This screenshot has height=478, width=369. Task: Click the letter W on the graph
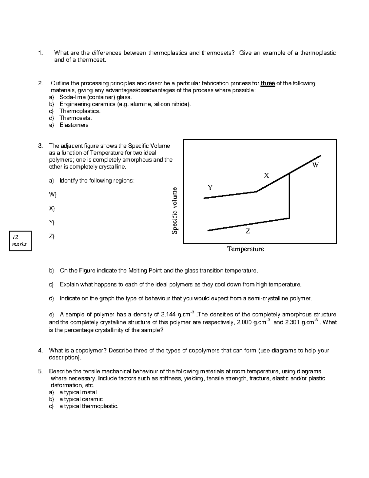(315, 165)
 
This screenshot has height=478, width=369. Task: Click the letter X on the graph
(266, 175)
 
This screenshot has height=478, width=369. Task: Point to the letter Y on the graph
(210, 188)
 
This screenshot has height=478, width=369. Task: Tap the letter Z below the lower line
(248, 231)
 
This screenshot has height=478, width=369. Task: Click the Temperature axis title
(245, 249)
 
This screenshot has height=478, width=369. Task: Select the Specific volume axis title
(175, 211)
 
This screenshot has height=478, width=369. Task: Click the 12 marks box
(20, 241)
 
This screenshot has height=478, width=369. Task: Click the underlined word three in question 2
(268, 83)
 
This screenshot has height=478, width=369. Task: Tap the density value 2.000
(247, 322)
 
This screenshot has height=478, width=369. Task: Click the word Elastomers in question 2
(74, 125)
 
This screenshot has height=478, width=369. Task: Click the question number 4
(40, 350)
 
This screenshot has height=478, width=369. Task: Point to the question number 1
(40, 53)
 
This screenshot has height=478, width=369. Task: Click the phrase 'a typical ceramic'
(81, 399)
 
